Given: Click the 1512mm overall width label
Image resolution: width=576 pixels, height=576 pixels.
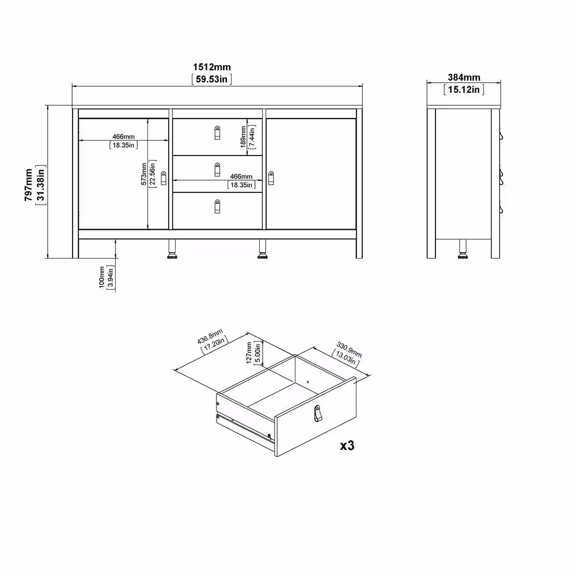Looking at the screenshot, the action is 212,67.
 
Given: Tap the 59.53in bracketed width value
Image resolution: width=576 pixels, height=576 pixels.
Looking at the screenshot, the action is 211,79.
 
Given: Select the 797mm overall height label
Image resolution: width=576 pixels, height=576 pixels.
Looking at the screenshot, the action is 29,185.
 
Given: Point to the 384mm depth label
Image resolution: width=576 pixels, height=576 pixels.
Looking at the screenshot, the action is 464,78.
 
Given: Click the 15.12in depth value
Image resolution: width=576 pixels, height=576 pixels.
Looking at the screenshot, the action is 464,89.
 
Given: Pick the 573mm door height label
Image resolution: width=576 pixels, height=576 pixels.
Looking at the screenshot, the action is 144,174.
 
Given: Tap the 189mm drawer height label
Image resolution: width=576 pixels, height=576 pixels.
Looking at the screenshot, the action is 243,137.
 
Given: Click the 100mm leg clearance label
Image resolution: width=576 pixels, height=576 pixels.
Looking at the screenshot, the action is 102,278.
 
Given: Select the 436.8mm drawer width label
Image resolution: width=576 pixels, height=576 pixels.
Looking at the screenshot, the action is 210,336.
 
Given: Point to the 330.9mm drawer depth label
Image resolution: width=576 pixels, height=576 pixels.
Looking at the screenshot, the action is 349,350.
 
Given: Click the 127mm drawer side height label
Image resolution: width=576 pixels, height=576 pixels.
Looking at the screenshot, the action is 249,353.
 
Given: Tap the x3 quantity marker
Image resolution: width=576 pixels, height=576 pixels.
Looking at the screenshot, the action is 347,446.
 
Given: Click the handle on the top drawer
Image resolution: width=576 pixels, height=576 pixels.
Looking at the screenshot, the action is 217,132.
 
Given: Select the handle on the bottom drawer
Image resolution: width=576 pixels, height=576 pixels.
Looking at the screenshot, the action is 217,206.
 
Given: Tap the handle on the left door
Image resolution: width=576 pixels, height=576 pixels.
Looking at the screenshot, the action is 164,178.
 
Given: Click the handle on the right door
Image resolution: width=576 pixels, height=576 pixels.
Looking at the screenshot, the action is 271,178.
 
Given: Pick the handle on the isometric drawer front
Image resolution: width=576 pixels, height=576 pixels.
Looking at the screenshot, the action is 318,413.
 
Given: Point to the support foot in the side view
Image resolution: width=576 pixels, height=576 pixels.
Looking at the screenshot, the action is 463,249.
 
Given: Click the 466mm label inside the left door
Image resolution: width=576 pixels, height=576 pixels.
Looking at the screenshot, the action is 123,137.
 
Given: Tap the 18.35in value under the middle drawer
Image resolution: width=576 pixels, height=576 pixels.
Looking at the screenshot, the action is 241,185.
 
